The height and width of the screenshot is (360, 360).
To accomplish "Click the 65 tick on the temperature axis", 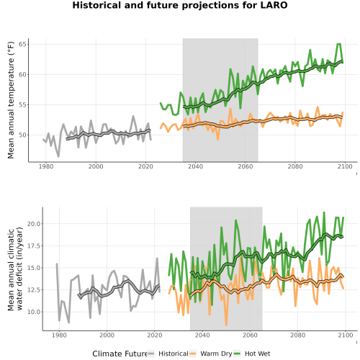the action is click(x=24, y=45).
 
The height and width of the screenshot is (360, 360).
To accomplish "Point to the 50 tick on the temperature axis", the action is click(x=24, y=135).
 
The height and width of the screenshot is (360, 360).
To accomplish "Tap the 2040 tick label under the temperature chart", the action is click(x=195, y=166).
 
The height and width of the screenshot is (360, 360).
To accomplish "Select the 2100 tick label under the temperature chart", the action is click(x=345, y=166).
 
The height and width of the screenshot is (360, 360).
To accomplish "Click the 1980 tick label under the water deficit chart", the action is click(x=59, y=335).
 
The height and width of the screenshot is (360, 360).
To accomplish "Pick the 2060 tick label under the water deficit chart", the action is click(x=250, y=335).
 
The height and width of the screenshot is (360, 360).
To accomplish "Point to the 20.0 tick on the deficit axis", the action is click(x=34, y=224).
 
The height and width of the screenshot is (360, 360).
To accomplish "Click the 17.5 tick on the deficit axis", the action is click(x=34, y=246).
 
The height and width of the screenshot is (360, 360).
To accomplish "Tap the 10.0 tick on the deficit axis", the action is click(x=34, y=312).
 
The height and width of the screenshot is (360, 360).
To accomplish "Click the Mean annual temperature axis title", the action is click(x=11, y=100).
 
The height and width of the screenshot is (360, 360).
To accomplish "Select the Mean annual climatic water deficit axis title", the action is click(x=15, y=269).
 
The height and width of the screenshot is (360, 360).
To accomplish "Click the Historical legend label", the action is click(x=174, y=354).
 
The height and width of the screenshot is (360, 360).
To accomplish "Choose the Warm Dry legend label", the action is click(x=216, y=354).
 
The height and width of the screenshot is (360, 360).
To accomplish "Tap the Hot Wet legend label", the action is click(x=257, y=354).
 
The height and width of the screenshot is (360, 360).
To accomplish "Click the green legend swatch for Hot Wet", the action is click(x=237, y=354).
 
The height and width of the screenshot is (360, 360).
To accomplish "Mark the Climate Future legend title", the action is click(x=120, y=354).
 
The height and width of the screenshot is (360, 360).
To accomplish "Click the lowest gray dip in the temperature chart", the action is click(x=58, y=156).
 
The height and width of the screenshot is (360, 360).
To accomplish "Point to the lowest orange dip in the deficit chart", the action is click(x=226, y=325).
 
